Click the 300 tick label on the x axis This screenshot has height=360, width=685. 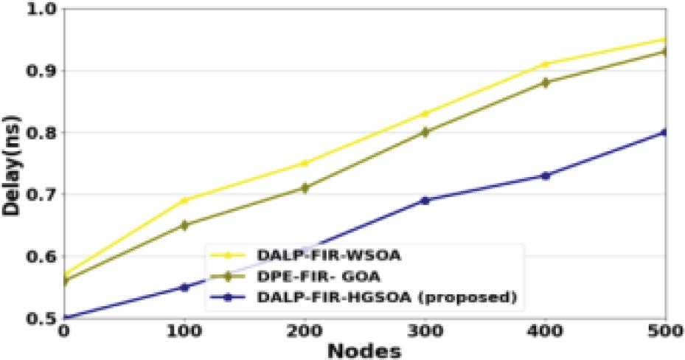point(425,332)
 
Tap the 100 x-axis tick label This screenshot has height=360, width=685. point(184,332)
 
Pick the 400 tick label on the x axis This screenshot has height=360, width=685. point(546,332)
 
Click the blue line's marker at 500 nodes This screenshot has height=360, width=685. point(664,133)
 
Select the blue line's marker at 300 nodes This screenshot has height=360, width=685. point(425,200)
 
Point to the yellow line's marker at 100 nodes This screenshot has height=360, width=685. point(184,200)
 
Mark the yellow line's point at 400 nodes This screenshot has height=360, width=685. point(546,64)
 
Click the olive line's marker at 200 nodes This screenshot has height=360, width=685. point(305,188)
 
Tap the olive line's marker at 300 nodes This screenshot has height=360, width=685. point(425,133)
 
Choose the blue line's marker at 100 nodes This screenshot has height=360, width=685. point(184,287)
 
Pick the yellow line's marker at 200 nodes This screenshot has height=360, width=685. point(305,163)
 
